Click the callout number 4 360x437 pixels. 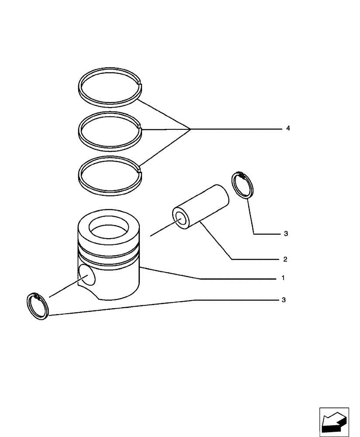tap(288, 128)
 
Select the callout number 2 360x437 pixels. tap(285, 259)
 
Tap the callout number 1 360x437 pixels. tap(283, 278)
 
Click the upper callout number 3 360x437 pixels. tap(285, 234)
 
